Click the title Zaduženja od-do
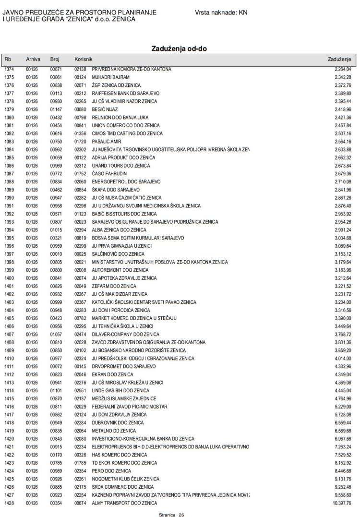click(180, 48)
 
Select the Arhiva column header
click(33, 59)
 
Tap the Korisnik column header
click(83, 59)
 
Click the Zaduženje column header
click(339, 59)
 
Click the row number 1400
click(9, 278)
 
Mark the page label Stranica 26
click(171, 514)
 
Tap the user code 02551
click(80, 390)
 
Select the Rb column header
click(8, 59)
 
